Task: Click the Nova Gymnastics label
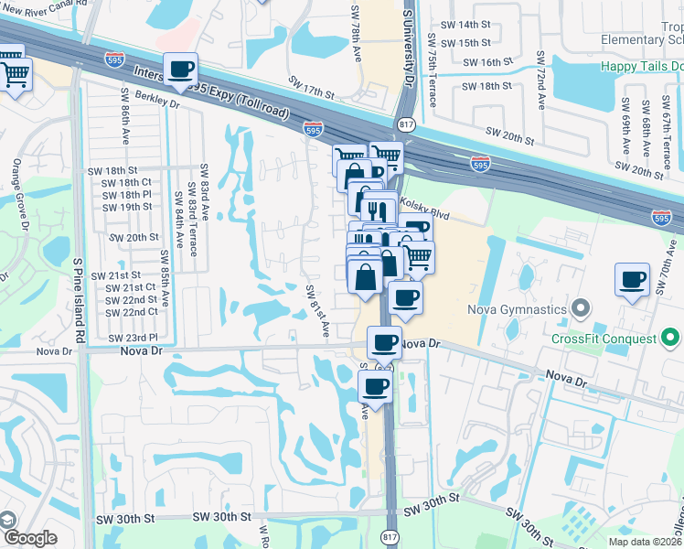517,309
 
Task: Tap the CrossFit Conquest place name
604,339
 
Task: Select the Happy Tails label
640,66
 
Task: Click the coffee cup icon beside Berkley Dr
181,69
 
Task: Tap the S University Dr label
409,46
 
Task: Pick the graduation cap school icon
8,519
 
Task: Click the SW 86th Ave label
125,118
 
